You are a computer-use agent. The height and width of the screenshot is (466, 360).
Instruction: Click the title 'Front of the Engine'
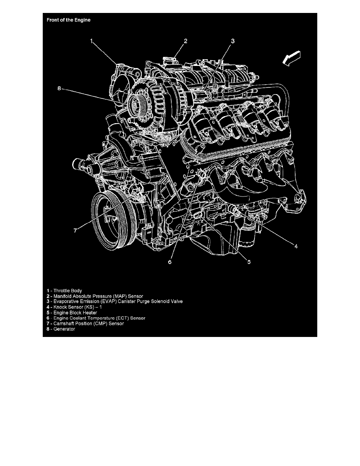tap(69, 20)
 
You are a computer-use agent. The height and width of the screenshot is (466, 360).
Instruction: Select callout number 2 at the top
tap(186, 40)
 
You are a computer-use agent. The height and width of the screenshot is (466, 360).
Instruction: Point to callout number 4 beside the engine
tap(296, 246)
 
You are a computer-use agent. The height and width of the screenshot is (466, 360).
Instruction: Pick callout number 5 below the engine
tap(249, 262)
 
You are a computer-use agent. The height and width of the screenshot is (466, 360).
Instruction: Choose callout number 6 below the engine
tap(170, 262)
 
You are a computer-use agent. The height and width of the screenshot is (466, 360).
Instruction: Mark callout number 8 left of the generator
tap(60, 89)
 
